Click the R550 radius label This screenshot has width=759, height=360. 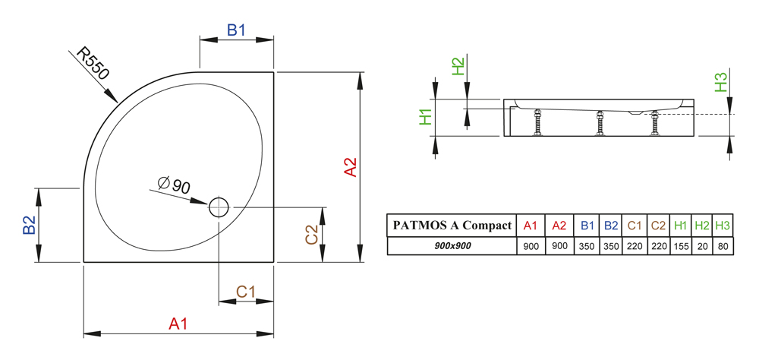pyautogui.click(x=94, y=63)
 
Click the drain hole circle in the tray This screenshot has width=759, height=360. pyautogui.click(x=219, y=207)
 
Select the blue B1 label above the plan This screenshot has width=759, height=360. pyautogui.click(x=237, y=30)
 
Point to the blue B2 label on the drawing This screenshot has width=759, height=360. pyautogui.click(x=30, y=225)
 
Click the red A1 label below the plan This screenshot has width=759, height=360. pyautogui.click(x=178, y=324)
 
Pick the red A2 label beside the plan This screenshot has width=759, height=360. pyautogui.click(x=350, y=167)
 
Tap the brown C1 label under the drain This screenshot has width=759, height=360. pyautogui.click(x=245, y=292)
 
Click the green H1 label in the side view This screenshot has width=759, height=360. pyautogui.click(x=426, y=117)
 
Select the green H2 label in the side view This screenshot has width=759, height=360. pyautogui.click(x=458, y=66)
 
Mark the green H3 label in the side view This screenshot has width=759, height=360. pyautogui.click(x=721, y=82)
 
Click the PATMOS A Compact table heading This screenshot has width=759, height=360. pyautogui.click(x=452, y=226)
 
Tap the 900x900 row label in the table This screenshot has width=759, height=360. pyautogui.click(x=452, y=245)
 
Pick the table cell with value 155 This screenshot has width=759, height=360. pyautogui.click(x=681, y=246)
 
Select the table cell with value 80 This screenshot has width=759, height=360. pyautogui.click(x=723, y=246)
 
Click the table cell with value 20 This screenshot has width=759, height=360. pyautogui.click(x=702, y=246)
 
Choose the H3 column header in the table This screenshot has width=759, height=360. pyautogui.click(x=723, y=226)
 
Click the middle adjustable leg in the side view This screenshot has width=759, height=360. pyautogui.click(x=600, y=124)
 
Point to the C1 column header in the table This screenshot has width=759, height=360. pyautogui.click(x=635, y=226)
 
